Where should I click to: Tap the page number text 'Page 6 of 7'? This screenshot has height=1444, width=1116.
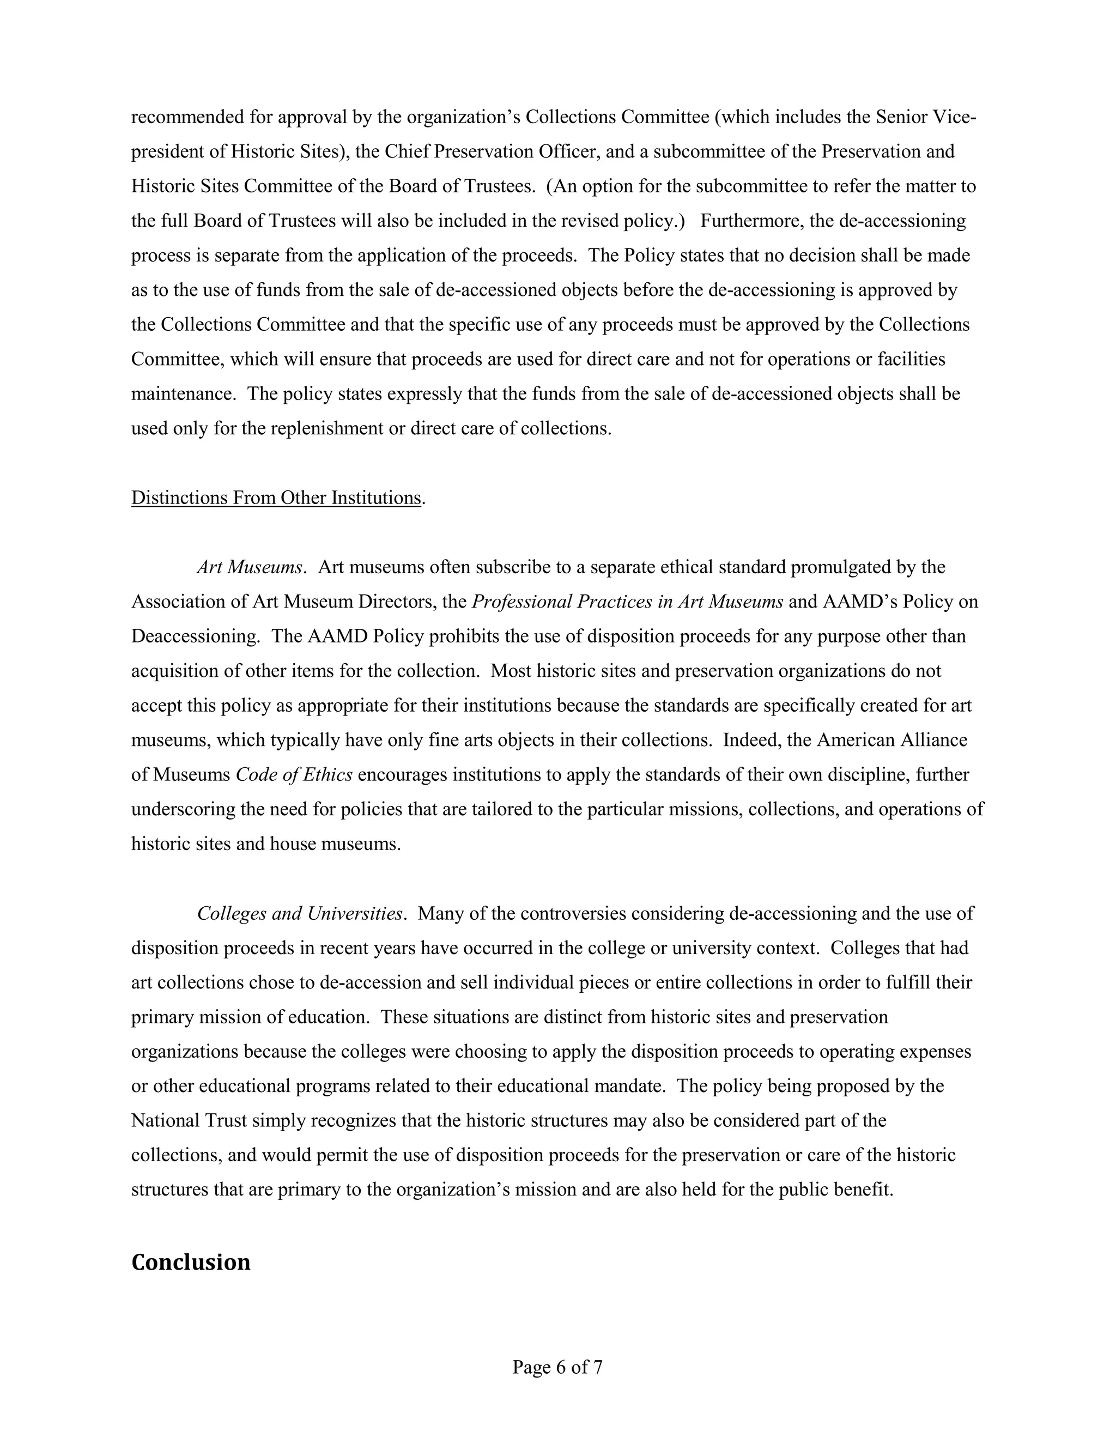[x=557, y=1367]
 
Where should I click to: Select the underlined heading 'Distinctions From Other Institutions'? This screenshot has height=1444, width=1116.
[x=276, y=498]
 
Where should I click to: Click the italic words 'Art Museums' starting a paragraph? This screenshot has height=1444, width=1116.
[x=249, y=567]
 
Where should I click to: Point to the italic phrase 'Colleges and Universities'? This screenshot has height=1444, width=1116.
[x=300, y=913]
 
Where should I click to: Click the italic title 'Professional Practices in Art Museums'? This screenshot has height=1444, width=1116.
[x=627, y=602]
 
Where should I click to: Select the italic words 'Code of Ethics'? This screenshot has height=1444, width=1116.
[x=294, y=774]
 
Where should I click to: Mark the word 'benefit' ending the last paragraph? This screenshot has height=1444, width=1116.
[x=866, y=1190]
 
